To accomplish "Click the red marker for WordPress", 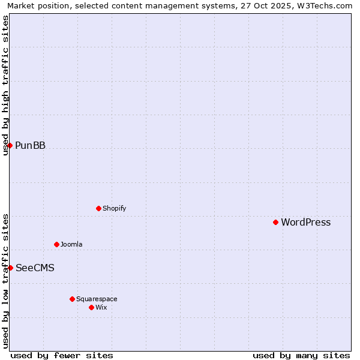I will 276,222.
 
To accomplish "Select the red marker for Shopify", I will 99,208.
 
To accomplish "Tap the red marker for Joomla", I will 57,244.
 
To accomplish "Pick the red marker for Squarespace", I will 73,299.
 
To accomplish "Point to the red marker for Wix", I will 92,307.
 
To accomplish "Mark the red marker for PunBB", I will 10,145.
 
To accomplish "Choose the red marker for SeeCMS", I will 10,268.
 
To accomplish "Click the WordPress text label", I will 306,223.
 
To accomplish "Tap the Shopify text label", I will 114,209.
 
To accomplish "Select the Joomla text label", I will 71,245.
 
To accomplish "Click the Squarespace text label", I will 97,299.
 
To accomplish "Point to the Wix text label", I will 101,308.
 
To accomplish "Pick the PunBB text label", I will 30,146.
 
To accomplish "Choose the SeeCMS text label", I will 35,268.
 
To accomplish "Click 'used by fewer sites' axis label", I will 62,355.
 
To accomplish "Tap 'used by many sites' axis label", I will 301,355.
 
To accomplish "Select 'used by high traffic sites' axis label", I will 5,85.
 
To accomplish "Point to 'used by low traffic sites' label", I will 5,281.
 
